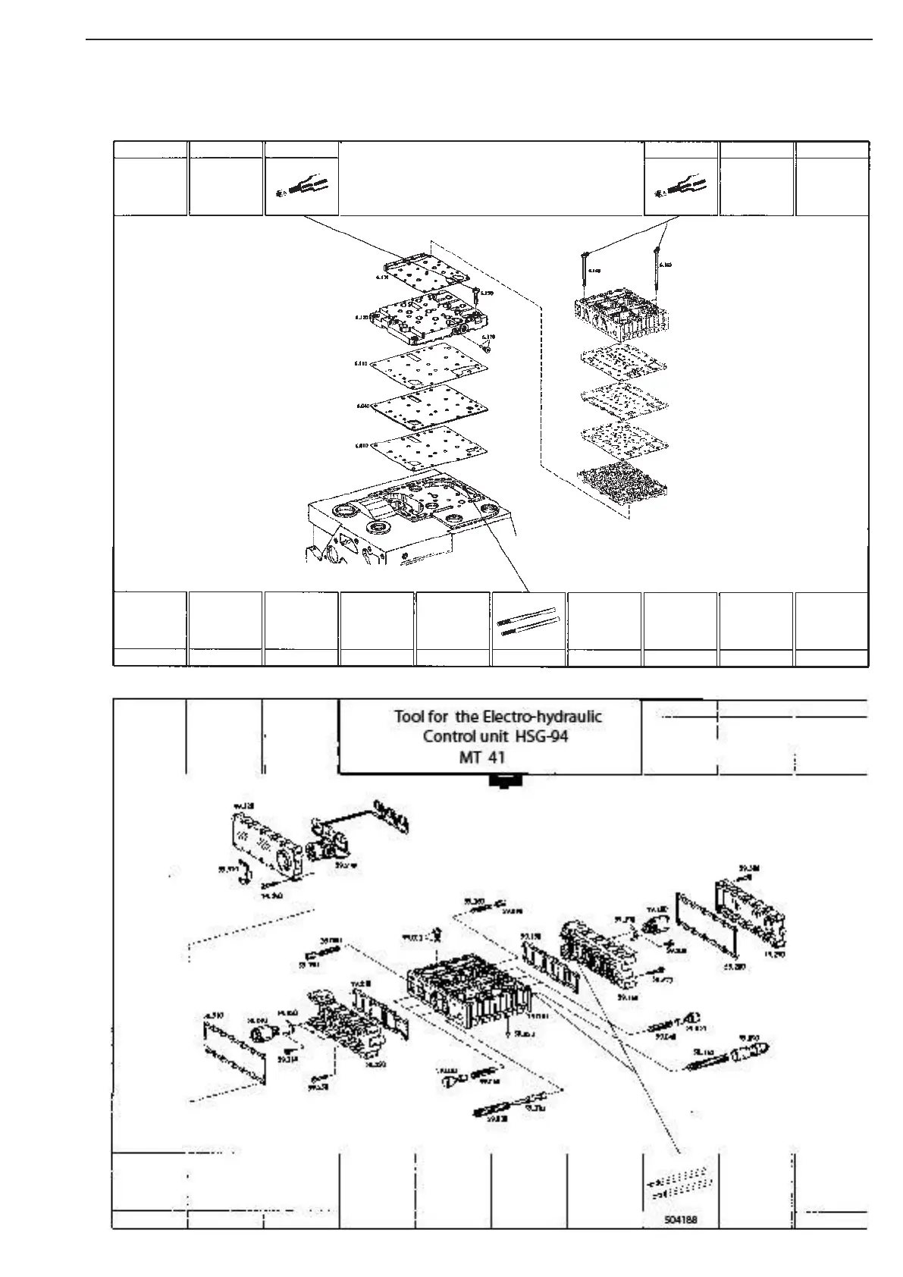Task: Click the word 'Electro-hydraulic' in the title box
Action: pyautogui.click(x=543, y=717)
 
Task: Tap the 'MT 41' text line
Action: pyautogui.click(x=482, y=757)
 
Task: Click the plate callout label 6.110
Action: pyautogui.click(x=361, y=364)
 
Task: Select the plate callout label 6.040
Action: pyautogui.click(x=362, y=406)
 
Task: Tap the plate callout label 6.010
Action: pyautogui.click(x=362, y=446)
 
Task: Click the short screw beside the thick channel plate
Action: pyautogui.click(x=475, y=297)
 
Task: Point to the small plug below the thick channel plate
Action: pyautogui.click(x=488, y=347)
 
